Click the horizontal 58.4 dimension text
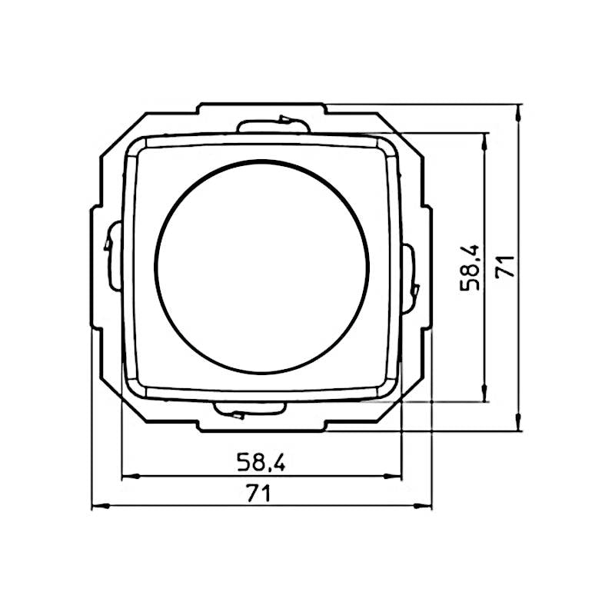(261, 462)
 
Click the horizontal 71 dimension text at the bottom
(261, 494)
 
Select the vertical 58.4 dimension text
(470, 267)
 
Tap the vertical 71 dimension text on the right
(504, 267)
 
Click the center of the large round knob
(262, 266)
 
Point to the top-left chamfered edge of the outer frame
(123, 131)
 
